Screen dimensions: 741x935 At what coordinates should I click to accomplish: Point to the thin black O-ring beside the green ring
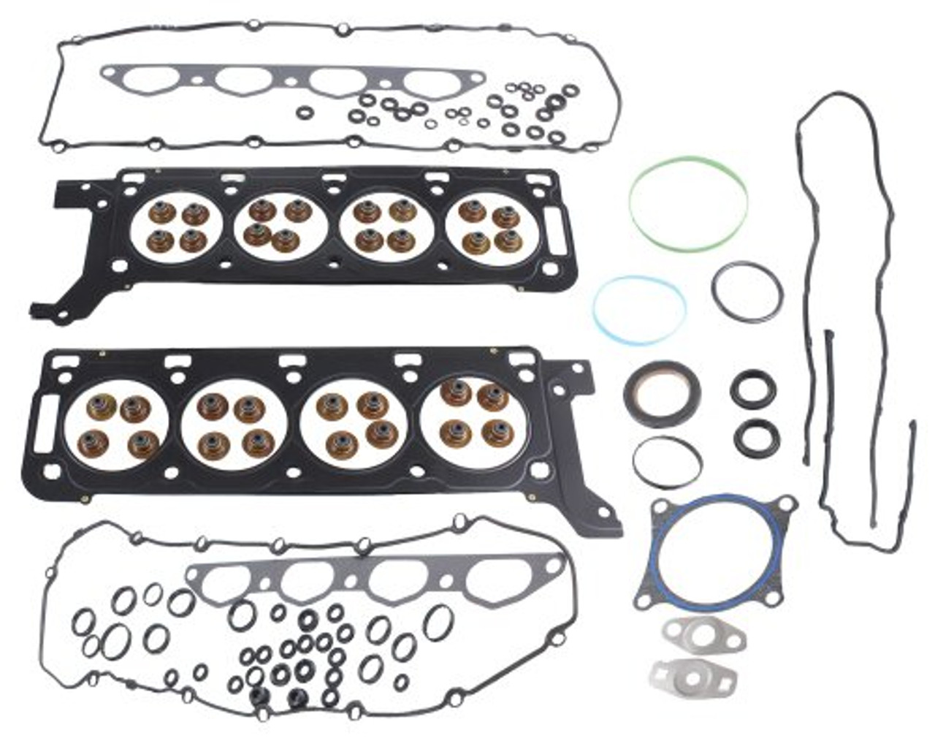coord(747,292)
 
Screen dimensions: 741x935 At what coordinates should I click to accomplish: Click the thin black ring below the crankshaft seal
coord(668,461)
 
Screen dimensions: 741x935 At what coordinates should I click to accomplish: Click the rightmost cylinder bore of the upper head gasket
coord(484,228)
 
